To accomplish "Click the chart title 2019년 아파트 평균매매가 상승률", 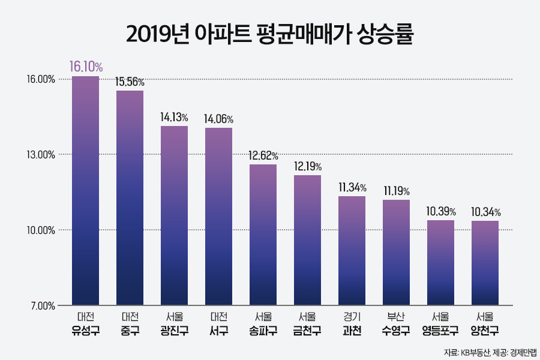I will pyautogui.click(x=270, y=34).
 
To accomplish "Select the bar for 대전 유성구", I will pyautogui.click(x=85, y=191).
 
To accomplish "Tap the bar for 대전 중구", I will pyautogui.click(x=130, y=198).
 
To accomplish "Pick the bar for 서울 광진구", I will pyautogui.click(x=174, y=216).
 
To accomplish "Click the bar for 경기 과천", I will pyautogui.click(x=352, y=251).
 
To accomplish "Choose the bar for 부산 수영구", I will pyautogui.click(x=396, y=253).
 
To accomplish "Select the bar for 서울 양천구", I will pyautogui.click(x=485, y=263).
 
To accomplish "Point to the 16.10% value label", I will pyautogui.click(x=85, y=66).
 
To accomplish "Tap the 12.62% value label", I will pyautogui.click(x=263, y=155).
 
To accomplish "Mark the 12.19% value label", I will pyautogui.click(x=307, y=166).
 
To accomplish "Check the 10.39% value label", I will pyautogui.click(x=440, y=211).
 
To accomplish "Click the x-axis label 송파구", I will pyautogui.click(x=263, y=330).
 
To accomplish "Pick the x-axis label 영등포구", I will pyautogui.click(x=440, y=330).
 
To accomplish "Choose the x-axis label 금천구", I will pyautogui.click(x=307, y=330).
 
